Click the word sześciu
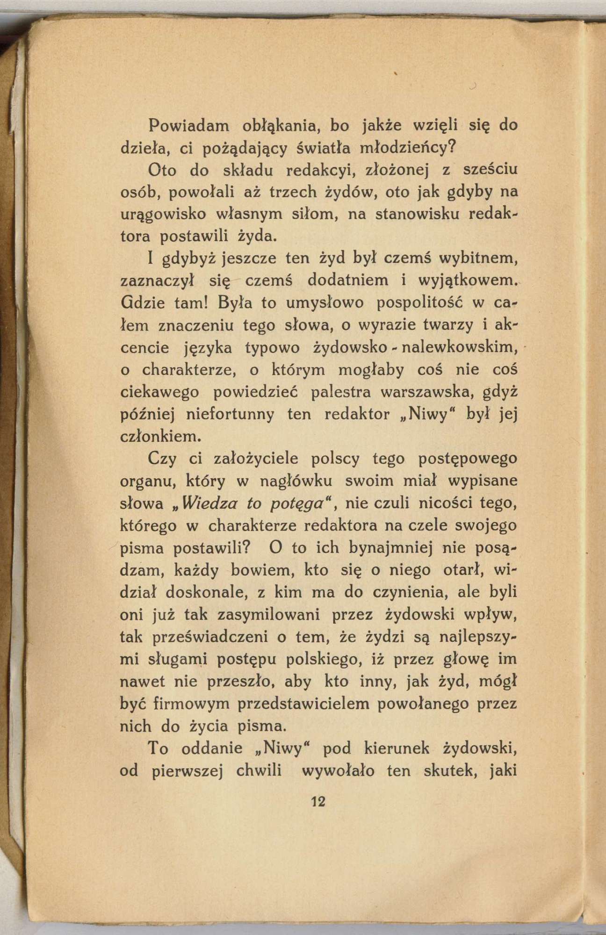click(x=490, y=170)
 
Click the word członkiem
click(x=161, y=437)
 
